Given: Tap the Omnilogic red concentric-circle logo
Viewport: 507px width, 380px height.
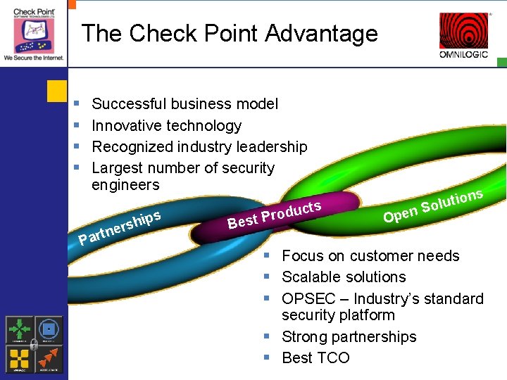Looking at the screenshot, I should point(463,31).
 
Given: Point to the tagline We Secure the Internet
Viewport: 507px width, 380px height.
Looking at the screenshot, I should point(33,58).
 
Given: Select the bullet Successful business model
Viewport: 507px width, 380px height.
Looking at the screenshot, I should point(184,104).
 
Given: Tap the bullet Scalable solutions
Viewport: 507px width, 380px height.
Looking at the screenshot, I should point(344,277).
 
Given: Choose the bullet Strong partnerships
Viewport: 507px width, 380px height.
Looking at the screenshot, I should point(349,337).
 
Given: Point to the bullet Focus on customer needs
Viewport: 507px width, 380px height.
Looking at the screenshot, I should point(370,256).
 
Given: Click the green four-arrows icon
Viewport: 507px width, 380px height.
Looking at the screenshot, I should point(19,329).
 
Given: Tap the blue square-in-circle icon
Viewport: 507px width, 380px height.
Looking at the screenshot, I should point(49,329).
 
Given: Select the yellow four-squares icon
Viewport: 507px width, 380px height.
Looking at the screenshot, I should point(19,358).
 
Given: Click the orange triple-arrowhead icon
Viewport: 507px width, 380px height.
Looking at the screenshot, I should point(49,358).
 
